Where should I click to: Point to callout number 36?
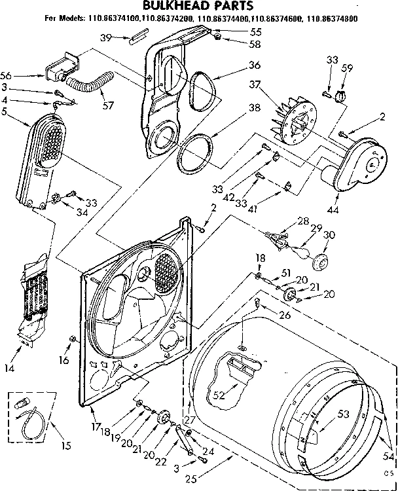236,65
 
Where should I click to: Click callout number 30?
330,236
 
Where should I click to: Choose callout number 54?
388,457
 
